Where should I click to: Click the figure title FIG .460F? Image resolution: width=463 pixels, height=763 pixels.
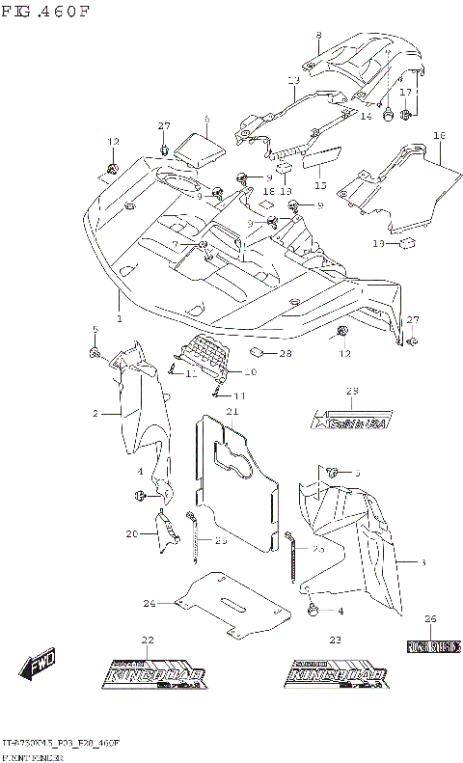45,12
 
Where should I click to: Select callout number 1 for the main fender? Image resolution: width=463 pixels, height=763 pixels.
119,317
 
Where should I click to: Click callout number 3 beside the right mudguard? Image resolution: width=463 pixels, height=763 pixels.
422,560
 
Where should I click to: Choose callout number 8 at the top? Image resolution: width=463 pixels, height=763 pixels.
318,36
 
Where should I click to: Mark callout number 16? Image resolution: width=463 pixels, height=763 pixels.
438,135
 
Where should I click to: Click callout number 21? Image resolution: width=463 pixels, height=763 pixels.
231,412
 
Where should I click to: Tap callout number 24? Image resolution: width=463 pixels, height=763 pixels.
150,604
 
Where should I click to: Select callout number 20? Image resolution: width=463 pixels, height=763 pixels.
132,533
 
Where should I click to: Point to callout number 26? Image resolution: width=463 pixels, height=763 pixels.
430,618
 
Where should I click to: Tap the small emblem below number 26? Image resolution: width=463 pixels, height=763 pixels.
430,644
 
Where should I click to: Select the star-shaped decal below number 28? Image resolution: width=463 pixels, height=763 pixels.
351,421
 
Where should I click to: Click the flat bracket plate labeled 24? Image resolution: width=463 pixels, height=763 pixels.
236,603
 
